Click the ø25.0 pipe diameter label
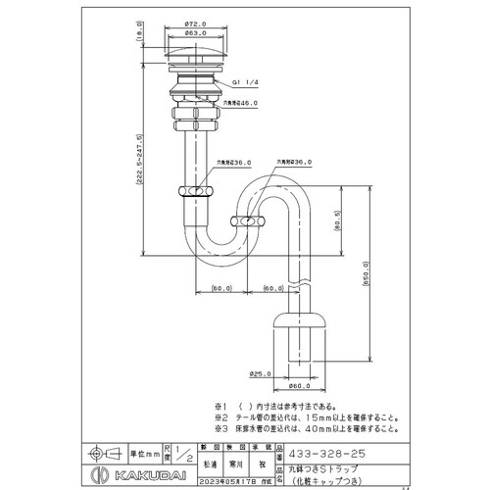[261, 372]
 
